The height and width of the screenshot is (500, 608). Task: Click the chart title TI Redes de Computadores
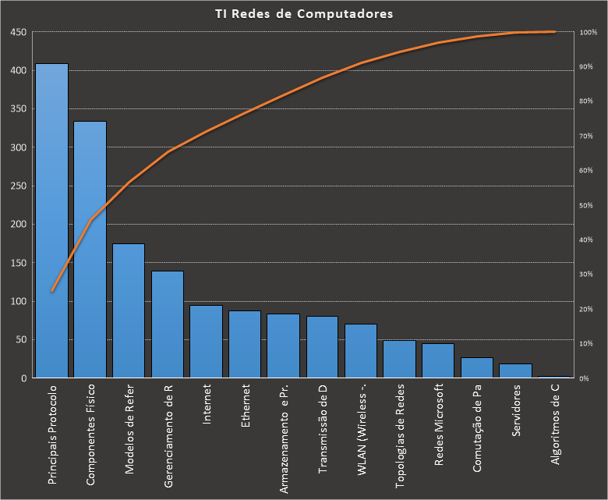coord(304,14)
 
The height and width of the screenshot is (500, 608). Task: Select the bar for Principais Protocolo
coord(52,221)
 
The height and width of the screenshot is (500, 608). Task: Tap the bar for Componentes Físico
coord(90,250)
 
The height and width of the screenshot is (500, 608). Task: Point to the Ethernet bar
coord(245,345)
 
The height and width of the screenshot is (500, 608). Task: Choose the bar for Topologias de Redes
coord(399,360)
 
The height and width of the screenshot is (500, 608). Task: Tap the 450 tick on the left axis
coord(18,33)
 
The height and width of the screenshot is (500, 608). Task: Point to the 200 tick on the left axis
coord(18,225)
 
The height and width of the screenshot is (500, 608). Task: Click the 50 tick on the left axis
coord(20,340)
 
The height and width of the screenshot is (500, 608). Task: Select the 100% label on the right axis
coord(588,33)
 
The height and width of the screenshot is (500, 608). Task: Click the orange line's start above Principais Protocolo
coord(52,291)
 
